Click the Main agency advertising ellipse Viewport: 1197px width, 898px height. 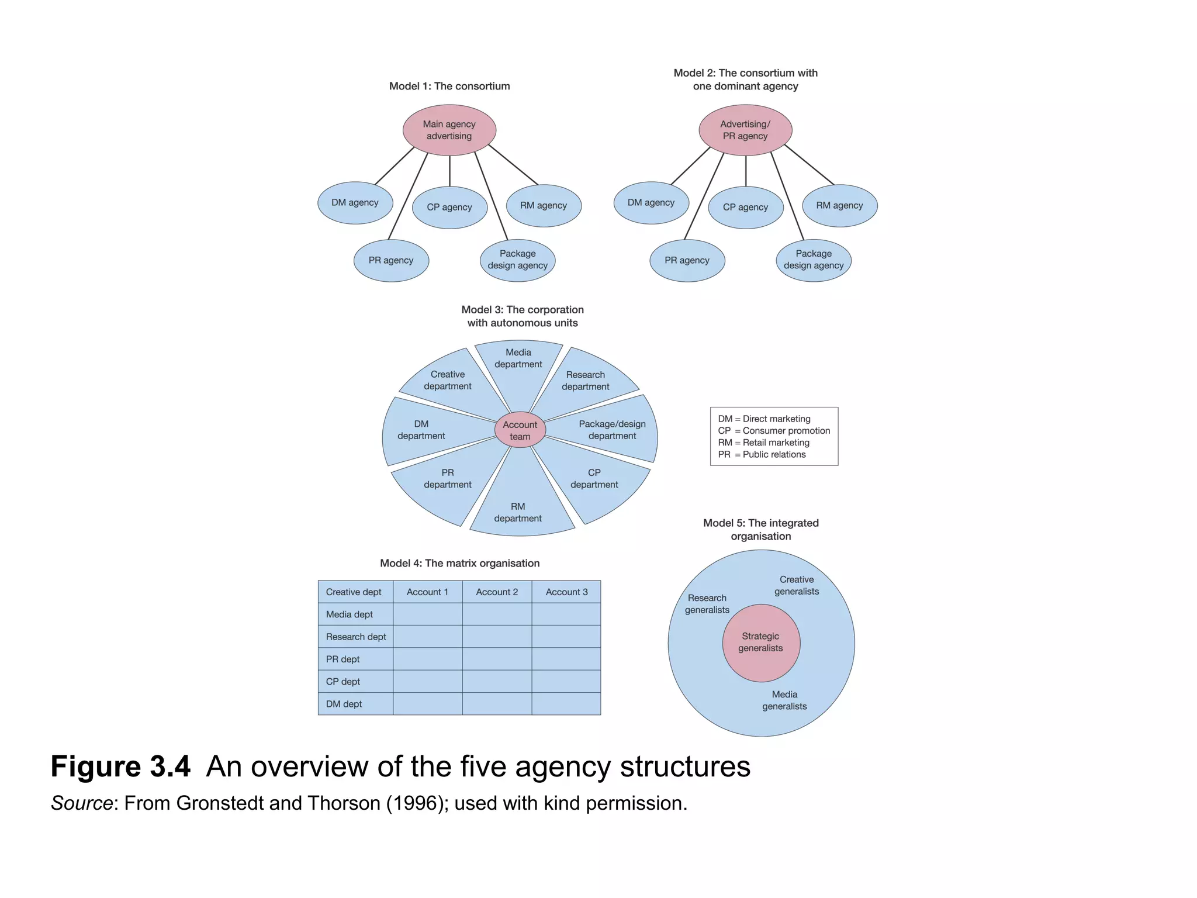click(449, 130)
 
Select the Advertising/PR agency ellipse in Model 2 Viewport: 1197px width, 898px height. click(745, 130)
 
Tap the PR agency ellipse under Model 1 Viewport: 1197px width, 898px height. click(391, 261)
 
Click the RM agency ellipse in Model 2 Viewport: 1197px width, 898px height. click(839, 206)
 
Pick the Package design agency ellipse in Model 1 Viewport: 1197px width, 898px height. click(517, 260)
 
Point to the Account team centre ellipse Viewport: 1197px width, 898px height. click(520, 430)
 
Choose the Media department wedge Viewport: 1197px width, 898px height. click(518, 365)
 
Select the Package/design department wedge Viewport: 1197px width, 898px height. click(612, 430)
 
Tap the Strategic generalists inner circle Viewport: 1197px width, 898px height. click(760, 643)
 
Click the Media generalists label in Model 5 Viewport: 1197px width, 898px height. click(784, 700)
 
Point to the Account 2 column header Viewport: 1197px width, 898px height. click(497, 592)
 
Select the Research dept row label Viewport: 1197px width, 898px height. click(355, 637)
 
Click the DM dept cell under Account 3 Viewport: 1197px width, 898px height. click(566, 704)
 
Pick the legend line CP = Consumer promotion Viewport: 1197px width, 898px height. click(774, 431)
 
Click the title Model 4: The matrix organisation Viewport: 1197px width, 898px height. click(459, 563)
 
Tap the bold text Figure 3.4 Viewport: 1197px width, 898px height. click(120, 766)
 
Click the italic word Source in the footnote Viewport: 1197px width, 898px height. click(81, 803)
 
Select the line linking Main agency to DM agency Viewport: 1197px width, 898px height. click(395, 166)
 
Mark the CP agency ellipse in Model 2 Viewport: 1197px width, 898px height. click(745, 208)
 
